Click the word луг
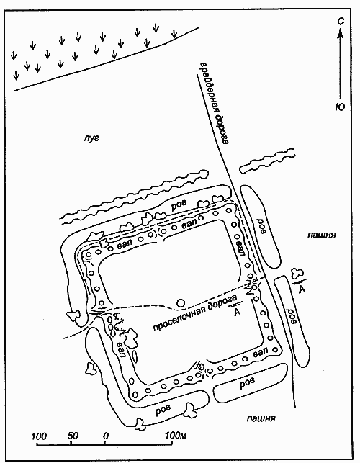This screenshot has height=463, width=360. pos(91,138)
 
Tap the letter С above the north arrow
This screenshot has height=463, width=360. pos(341,22)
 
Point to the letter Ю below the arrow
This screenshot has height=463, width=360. pos(341,107)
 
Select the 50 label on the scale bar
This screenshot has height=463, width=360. pos(73,436)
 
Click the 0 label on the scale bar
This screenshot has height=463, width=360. pos(106,436)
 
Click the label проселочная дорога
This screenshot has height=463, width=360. pos(195,313)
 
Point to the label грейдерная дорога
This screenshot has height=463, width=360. pos(214,104)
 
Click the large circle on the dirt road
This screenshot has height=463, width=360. pos(181,302)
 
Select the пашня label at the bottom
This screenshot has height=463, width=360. pos(261,418)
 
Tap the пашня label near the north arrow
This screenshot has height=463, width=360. pos(322,235)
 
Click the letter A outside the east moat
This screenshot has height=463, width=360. pos(302,289)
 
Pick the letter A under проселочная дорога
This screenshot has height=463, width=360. pos(237,313)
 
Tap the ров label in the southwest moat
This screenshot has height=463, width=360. pos(163,409)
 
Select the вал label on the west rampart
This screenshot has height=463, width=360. pos(121,349)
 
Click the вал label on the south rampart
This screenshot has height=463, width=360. pos(261,352)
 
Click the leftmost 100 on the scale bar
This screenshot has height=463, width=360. pos(39,436)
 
